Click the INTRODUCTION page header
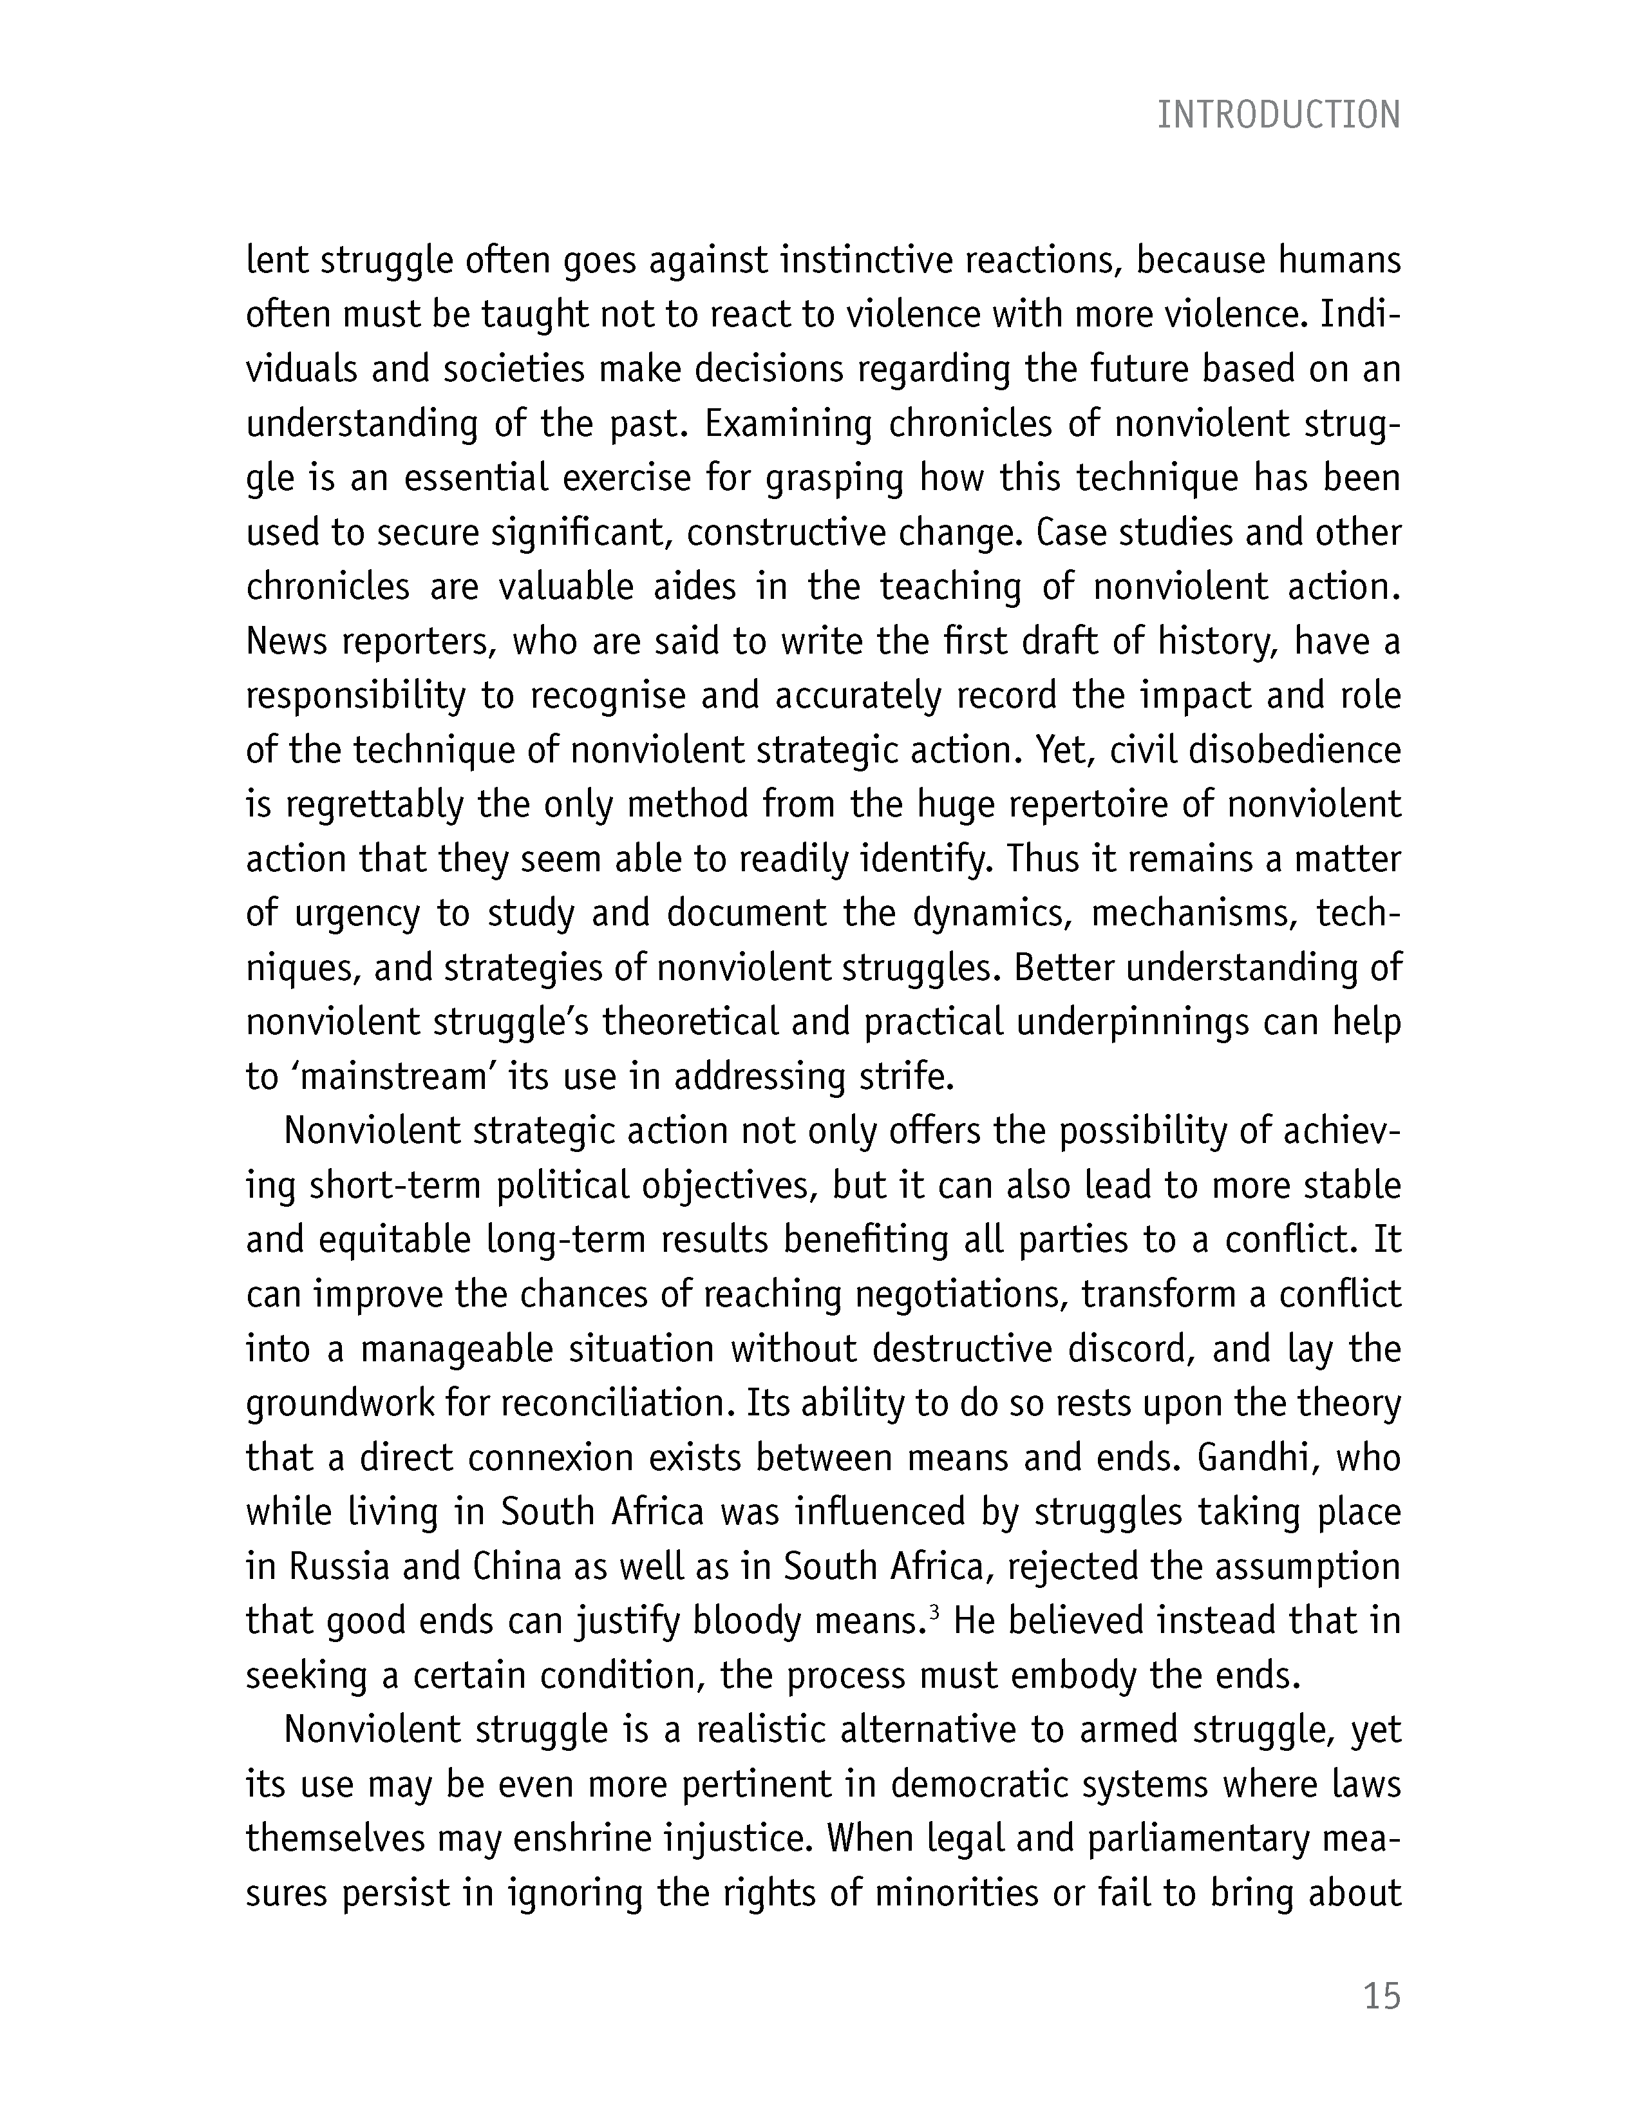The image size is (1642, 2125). point(1278,116)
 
